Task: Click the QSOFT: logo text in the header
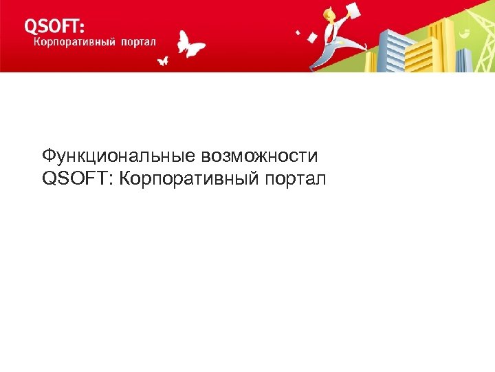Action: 55,25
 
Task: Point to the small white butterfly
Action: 163,61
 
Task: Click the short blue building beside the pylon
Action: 464,59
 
